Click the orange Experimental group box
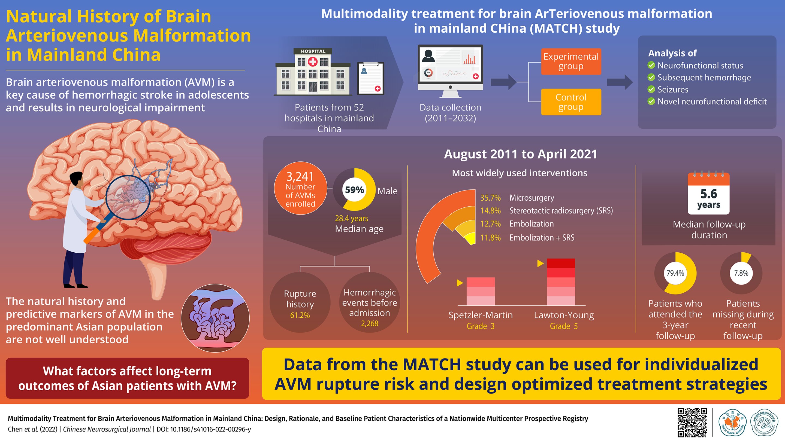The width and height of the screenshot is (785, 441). click(x=571, y=62)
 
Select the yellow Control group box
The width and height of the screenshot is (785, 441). click(x=571, y=102)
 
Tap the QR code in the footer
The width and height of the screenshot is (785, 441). click(x=692, y=422)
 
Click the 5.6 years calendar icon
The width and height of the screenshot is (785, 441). click(x=708, y=193)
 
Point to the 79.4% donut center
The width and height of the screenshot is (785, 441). click(x=675, y=273)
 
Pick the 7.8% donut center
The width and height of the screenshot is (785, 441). click(x=741, y=273)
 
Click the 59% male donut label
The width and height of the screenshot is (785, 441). click(x=354, y=190)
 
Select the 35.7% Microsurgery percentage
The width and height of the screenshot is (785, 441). click(x=490, y=198)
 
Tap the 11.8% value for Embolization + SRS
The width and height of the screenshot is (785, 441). click(x=490, y=238)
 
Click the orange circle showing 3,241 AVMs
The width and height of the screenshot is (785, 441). click(x=300, y=188)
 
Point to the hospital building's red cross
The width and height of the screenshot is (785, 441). click(x=313, y=62)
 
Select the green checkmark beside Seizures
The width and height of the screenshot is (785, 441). click(x=651, y=90)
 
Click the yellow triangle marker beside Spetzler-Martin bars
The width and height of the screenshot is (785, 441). click(x=460, y=283)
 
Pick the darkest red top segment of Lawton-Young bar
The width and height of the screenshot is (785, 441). click(x=561, y=263)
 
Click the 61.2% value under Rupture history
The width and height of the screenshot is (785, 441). click(x=300, y=315)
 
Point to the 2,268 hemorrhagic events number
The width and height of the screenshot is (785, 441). click(x=369, y=323)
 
